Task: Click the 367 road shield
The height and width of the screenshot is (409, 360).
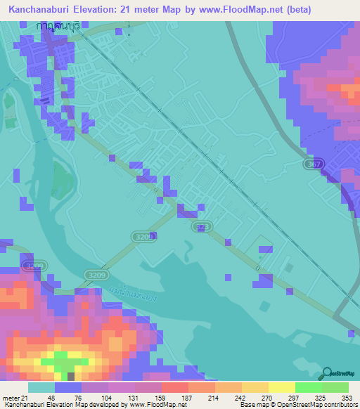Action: coord(315,163)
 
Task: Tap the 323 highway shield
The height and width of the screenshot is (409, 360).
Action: coord(202,227)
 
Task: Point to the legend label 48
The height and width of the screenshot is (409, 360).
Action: coord(41,397)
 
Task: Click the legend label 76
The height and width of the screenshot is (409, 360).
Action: coord(68,397)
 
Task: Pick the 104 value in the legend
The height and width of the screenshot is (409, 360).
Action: coord(95,397)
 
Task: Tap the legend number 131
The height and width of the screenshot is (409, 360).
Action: coord(122,397)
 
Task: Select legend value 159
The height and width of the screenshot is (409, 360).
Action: coord(148,397)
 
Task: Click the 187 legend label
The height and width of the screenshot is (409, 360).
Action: coord(175,397)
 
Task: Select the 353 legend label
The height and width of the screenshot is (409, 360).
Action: coord(339,397)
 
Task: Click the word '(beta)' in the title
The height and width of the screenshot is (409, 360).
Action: coord(295,9)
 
